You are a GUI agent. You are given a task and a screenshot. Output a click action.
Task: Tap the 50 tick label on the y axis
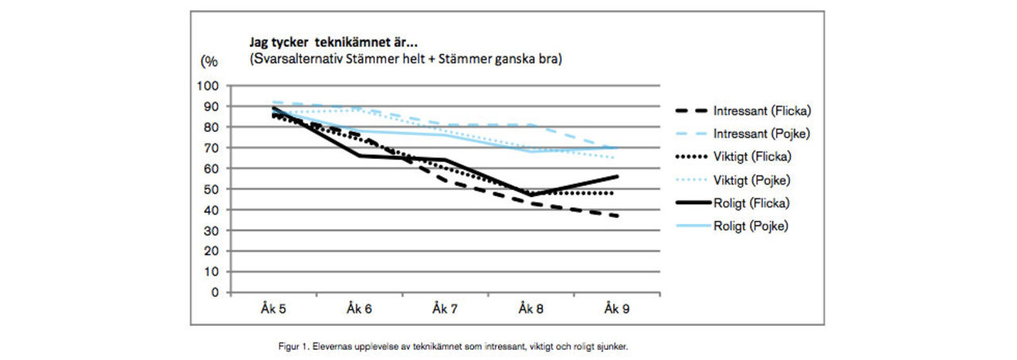211,189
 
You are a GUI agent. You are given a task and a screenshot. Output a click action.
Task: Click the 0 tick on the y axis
215,292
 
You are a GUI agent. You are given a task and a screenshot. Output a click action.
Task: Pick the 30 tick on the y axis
211,230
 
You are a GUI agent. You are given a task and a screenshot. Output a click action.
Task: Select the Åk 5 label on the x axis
273,308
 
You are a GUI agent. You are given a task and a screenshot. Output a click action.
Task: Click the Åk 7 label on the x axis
445,308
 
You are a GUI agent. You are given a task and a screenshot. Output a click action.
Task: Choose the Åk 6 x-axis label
358,308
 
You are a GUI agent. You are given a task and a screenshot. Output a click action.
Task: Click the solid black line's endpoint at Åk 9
617,176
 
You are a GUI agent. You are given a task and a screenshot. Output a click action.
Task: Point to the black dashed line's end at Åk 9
617,215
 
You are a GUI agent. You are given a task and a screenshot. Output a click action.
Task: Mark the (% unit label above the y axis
209,60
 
